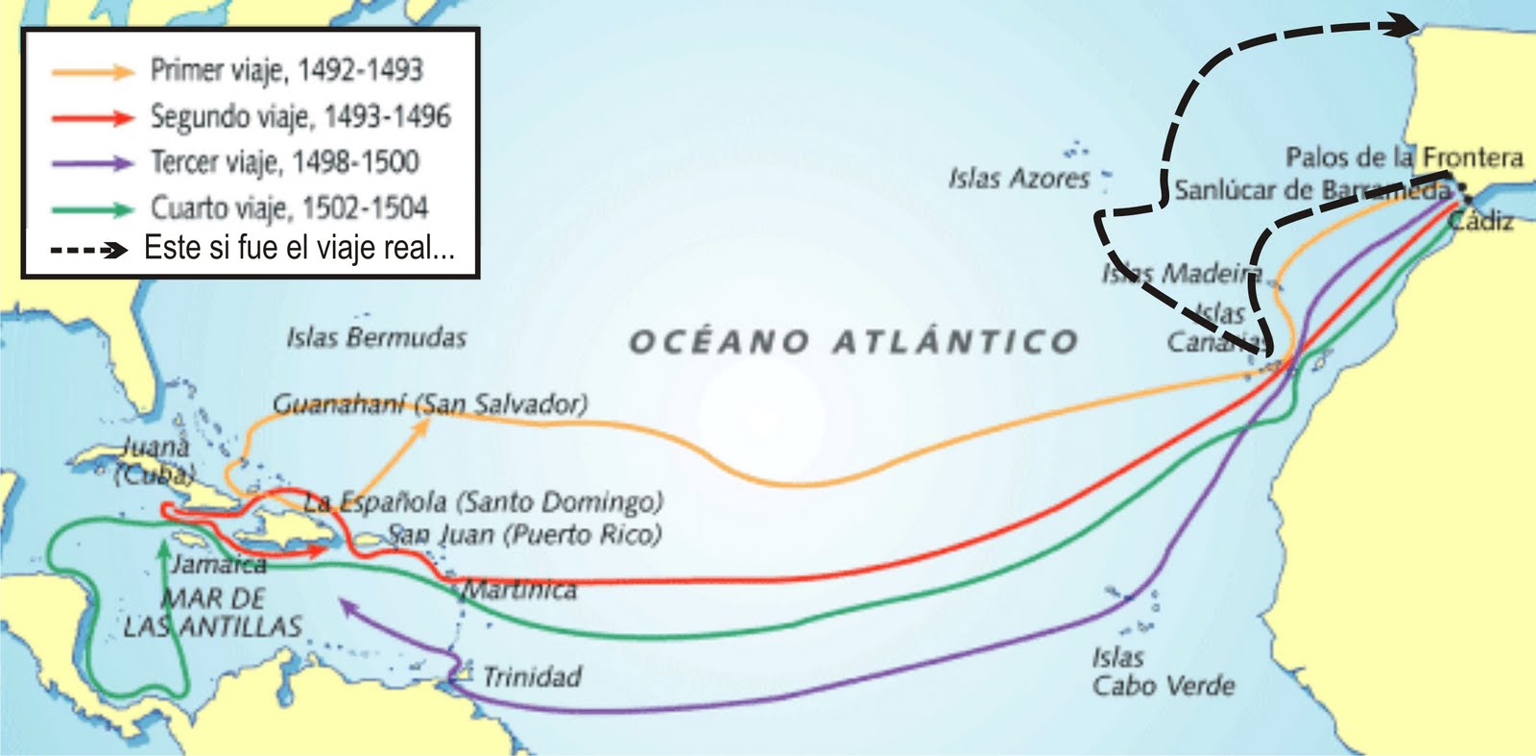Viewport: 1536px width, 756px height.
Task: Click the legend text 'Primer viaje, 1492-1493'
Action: pos(286,70)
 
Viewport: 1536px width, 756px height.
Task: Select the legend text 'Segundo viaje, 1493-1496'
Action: pos(300,116)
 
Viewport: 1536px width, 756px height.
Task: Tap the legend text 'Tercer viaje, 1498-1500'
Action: pos(284,161)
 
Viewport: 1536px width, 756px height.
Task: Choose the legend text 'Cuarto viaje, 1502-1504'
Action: pos(289,207)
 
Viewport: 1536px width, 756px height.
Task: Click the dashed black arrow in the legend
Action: pos(88,250)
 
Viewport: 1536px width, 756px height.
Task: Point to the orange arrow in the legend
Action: pos(92,71)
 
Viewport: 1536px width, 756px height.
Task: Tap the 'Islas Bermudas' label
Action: pos(375,338)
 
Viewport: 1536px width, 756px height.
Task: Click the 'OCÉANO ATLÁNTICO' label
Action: pos(853,342)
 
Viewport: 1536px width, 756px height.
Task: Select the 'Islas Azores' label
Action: pos(1019,179)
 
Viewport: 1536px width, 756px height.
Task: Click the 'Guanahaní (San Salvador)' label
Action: pos(430,403)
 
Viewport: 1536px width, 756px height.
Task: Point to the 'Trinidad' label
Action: pos(532,677)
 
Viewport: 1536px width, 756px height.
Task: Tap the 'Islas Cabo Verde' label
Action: pos(1163,671)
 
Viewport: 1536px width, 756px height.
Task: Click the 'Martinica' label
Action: pos(520,590)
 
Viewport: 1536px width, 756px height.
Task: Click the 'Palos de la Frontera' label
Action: pos(1404,157)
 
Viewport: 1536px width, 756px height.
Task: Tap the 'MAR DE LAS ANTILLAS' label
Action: pos(213,612)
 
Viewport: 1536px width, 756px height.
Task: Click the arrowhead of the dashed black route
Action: pos(1404,27)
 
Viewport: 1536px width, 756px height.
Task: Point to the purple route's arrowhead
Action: pos(348,607)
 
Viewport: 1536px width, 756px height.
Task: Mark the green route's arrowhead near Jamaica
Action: pos(164,549)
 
